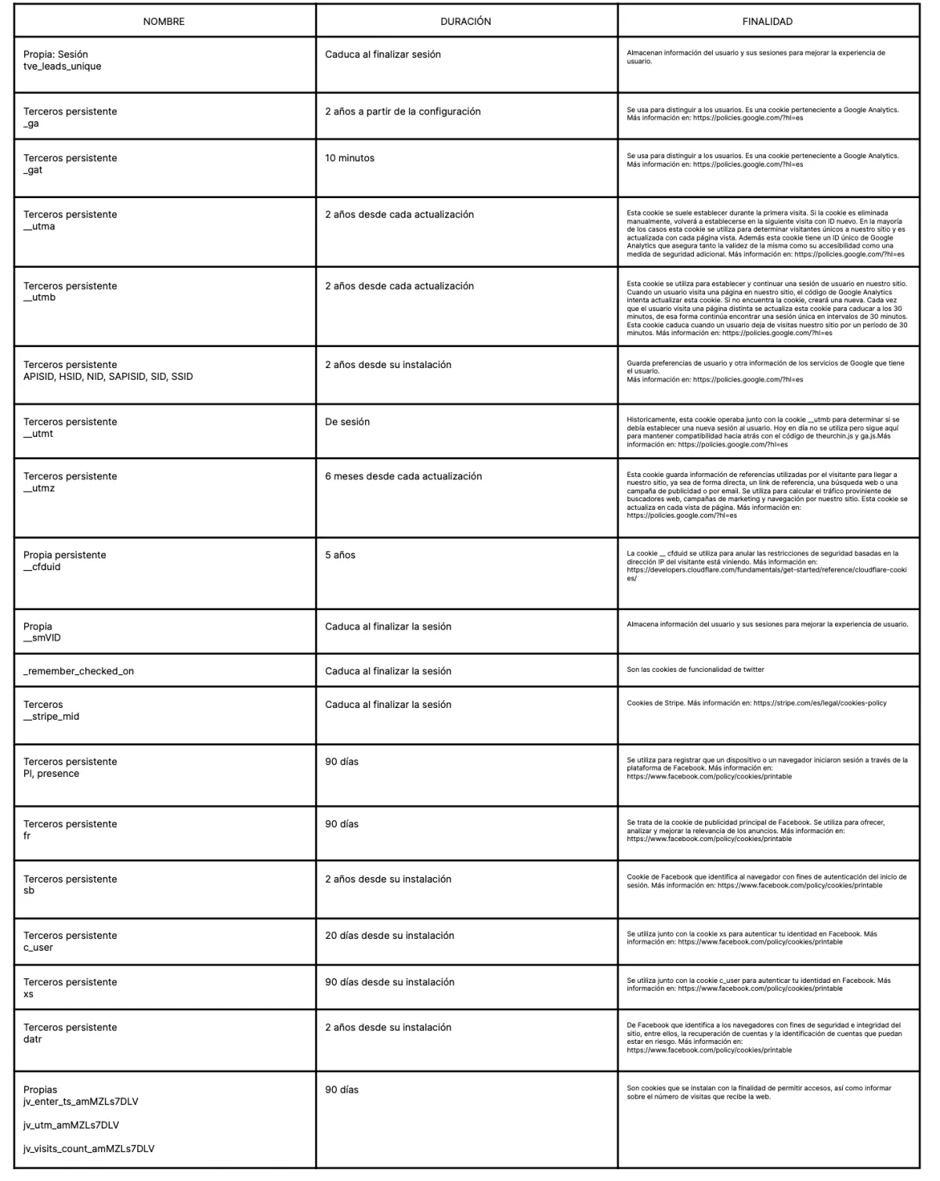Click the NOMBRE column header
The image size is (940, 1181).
click(164, 22)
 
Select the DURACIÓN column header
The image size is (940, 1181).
click(465, 22)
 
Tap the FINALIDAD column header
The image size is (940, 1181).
click(767, 22)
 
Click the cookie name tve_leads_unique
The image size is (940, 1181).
click(62, 67)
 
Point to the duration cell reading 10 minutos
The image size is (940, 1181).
click(349, 158)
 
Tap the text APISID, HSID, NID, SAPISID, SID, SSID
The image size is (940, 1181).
click(108, 377)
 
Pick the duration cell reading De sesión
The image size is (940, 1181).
click(347, 422)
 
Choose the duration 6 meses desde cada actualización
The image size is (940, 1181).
click(403, 476)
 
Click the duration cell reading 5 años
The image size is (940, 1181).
click(340, 555)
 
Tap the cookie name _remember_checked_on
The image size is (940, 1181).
click(78, 671)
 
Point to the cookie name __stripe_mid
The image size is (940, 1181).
click(51, 717)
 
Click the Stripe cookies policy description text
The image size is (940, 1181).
click(756, 703)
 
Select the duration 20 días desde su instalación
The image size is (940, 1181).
click(389, 936)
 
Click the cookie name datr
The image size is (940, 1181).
click(33, 1039)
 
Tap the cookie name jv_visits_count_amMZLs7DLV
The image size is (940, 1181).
click(89, 1149)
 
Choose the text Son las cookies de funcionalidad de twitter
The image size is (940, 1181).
click(695, 670)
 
